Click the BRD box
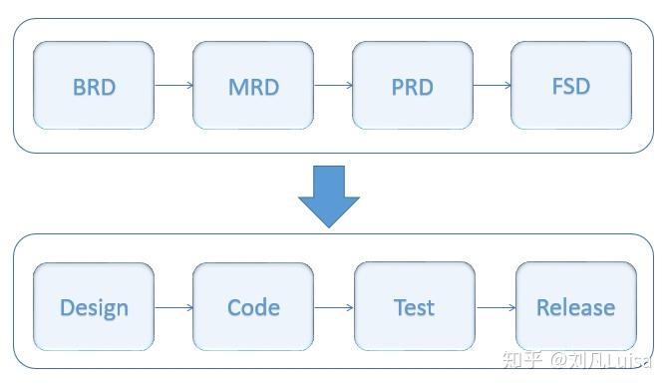pos(94,86)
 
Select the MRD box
pos(253,86)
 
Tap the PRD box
pos(412,86)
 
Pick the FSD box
pos(570,86)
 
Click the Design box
pos(94,307)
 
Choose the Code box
pos(253,307)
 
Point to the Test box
pos(414,307)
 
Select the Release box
pos(575,307)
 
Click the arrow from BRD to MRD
pos(173,86)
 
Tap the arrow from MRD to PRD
pos(333,86)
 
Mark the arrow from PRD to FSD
pos(492,86)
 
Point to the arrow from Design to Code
pos(173,307)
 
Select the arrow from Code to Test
pos(334,307)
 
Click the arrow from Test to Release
pos(496,307)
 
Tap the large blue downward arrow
pos(328,195)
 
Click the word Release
pos(575,307)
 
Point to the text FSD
pos(570,86)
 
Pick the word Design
pos(94,307)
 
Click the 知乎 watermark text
pos(524,361)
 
